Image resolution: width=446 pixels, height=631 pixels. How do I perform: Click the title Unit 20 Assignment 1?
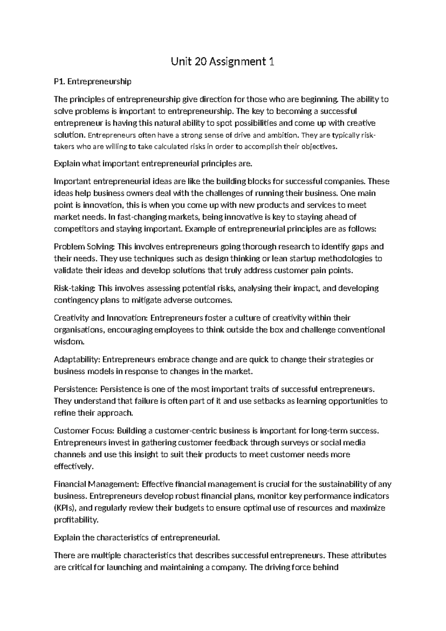(223, 62)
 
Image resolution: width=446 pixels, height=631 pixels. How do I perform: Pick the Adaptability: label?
(77, 360)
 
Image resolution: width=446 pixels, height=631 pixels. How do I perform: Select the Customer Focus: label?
(84, 431)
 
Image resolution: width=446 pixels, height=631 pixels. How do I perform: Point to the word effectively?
(73, 467)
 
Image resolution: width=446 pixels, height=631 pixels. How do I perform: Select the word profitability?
(76, 520)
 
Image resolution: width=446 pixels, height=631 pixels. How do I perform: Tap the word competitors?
(77, 229)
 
